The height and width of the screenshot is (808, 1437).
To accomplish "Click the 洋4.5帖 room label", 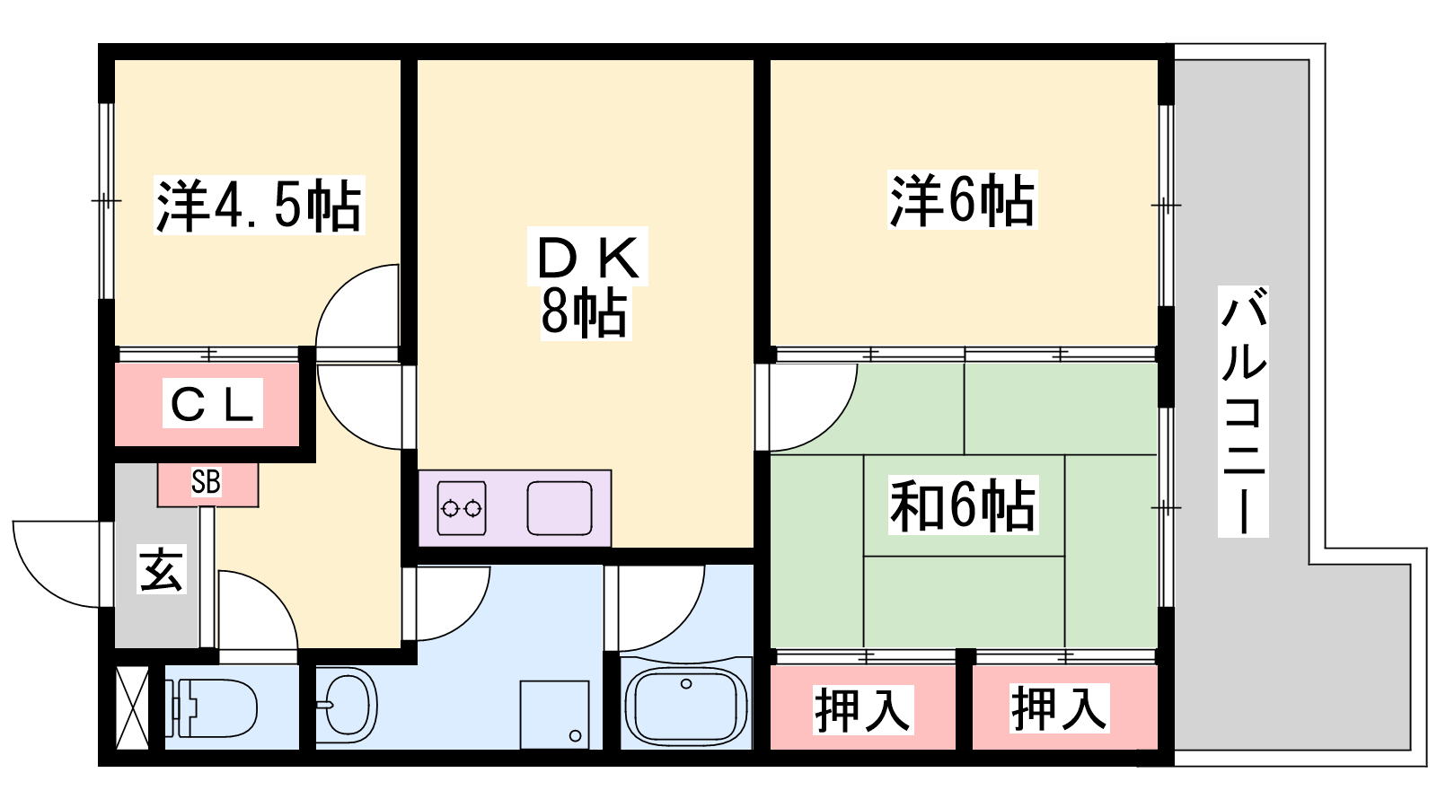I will pos(259,206).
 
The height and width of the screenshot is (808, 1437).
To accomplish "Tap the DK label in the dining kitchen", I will pos(589,258).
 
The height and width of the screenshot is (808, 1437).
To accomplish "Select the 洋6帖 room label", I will pos(962,199).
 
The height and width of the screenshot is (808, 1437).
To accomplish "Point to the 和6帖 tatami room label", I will pos(963,505).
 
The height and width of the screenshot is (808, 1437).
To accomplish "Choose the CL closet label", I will pos(213,404).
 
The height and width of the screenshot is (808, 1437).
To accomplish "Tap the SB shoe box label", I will pos(207,483).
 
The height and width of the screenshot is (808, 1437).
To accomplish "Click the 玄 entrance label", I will pos(162,568).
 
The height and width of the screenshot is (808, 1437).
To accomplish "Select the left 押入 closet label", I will pos(862,709).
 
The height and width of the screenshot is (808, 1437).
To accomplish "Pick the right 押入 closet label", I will pos(1059,707).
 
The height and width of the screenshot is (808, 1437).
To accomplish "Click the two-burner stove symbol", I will pos(462,509).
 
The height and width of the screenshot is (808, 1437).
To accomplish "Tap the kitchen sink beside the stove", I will pos(559,508).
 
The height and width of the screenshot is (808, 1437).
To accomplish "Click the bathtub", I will pos(686,706).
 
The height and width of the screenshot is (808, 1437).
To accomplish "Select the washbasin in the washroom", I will pos(348,705).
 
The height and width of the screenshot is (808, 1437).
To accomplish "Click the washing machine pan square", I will pos(555,715).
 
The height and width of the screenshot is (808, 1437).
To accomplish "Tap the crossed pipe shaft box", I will pos(133,707).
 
